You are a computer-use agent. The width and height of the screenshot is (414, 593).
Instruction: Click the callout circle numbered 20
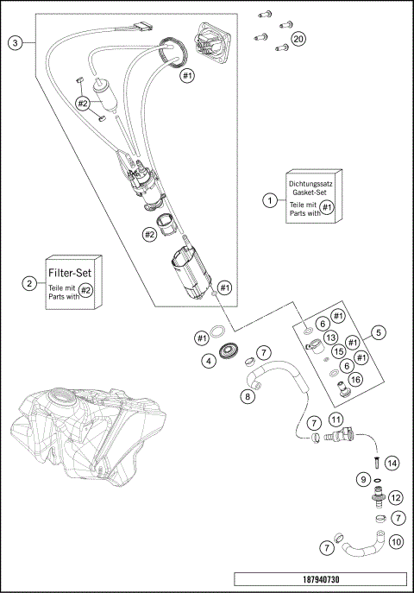(x=298, y=39)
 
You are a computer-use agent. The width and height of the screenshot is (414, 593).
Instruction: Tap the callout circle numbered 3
(x=16, y=43)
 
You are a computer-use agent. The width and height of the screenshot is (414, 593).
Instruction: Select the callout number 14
(x=392, y=463)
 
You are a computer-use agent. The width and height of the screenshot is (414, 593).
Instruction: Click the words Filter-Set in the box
(x=70, y=273)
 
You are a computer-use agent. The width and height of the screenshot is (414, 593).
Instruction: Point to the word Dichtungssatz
(x=310, y=184)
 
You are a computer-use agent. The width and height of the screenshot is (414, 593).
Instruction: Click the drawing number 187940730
(x=321, y=579)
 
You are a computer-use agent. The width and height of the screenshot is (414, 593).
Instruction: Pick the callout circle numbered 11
(x=336, y=420)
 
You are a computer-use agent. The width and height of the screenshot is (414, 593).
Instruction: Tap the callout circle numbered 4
(x=209, y=361)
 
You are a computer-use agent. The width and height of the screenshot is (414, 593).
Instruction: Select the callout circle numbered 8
(x=248, y=396)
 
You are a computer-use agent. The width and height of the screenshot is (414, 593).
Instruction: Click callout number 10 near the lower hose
(x=396, y=542)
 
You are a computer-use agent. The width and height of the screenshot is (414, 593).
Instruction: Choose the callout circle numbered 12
(x=396, y=498)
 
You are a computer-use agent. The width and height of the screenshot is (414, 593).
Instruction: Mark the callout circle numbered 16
(x=355, y=379)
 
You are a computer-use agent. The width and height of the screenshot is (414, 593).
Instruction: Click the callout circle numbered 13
(x=331, y=338)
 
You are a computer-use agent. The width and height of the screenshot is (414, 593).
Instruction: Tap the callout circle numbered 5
(x=379, y=333)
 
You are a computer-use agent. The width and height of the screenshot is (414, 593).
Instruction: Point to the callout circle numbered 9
(x=363, y=480)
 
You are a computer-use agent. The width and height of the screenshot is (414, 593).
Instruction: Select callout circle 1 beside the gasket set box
(x=270, y=200)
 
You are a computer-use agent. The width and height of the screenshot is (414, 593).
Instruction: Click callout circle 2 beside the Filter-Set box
(x=29, y=283)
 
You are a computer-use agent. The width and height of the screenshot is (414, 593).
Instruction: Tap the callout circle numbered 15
(x=339, y=351)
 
